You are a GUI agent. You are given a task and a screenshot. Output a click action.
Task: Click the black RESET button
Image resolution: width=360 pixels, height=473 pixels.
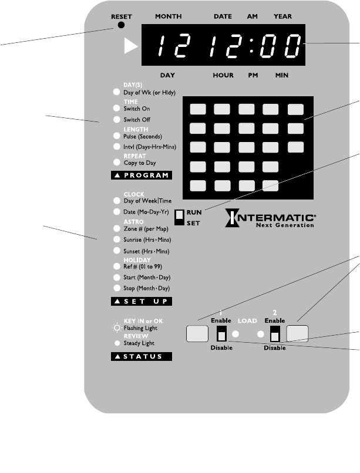pyautogui.click(x=122, y=25)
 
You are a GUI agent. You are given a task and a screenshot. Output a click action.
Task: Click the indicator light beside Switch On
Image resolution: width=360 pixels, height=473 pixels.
pyautogui.click(x=116, y=109)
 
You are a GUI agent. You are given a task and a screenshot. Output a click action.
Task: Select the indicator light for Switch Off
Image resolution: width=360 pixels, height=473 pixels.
pyautogui.click(x=116, y=120)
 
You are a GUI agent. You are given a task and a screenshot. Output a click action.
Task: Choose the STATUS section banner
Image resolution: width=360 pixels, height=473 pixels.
pyautogui.click(x=142, y=356)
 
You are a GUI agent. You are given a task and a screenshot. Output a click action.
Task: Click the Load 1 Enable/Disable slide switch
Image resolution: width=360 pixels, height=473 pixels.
pyautogui.click(x=221, y=334)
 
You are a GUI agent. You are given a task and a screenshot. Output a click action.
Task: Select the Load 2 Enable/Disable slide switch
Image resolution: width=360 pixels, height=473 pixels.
pyautogui.click(x=274, y=334)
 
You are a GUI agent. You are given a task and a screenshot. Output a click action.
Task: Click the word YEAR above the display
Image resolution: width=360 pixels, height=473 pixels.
pyautogui.click(x=282, y=16)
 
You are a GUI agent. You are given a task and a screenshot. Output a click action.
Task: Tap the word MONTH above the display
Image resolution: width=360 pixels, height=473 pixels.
pyautogui.click(x=168, y=16)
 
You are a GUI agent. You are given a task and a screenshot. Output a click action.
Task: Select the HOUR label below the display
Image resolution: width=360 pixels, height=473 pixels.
pyautogui.click(x=223, y=76)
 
